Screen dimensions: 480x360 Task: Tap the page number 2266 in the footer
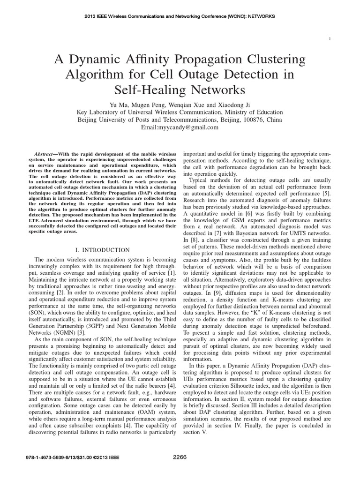coord(180,457)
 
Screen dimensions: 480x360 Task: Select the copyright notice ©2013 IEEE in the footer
coord(96,457)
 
